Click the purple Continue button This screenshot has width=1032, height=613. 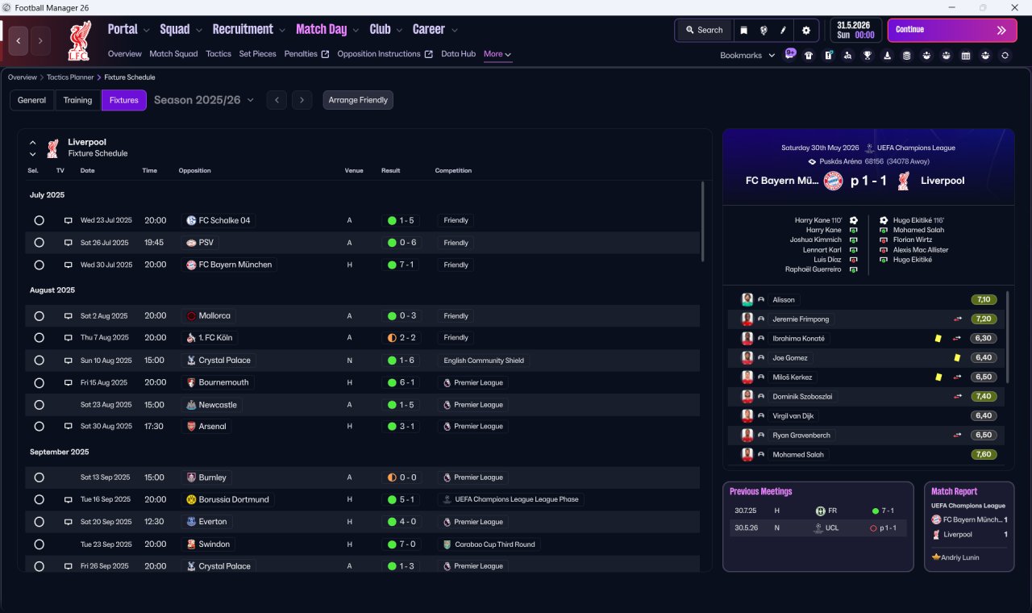tap(952, 30)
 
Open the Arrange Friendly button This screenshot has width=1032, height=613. tap(358, 100)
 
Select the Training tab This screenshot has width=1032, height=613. tap(77, 100)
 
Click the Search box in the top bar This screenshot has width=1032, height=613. tap(705, 30)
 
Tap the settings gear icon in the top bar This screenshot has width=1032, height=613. tap(805, 31)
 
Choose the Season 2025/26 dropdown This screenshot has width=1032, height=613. tap(204, 100)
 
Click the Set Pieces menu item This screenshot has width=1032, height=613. tap(257, 54)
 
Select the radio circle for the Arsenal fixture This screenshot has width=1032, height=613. tap(40, 427)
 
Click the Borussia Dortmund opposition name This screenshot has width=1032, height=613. tap(234, 499)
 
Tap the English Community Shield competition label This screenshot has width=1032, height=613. tap(484, 361)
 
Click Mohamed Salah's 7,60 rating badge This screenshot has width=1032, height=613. tap(984, 454)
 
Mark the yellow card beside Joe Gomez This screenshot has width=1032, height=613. tap(957, 357)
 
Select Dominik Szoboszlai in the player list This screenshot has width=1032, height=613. tap(802, 396)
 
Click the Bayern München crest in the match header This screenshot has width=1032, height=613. tap(833, 181)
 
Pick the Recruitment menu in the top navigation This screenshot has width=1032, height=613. tap(243, 30)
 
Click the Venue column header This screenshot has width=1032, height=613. tap(354, 170)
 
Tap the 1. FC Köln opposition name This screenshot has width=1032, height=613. tap(215, 338)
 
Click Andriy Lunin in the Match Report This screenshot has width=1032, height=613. tap(959, 557)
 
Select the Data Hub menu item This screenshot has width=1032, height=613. tap(458, 54)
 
